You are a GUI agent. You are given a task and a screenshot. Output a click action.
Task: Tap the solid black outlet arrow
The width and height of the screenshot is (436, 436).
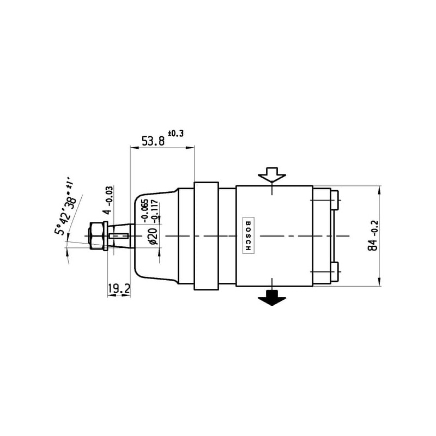(271, 297)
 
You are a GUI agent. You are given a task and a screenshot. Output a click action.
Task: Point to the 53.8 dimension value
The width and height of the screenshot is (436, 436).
(153, 141)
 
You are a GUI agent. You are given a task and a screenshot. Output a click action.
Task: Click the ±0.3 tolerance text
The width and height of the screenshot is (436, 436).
(175, 133)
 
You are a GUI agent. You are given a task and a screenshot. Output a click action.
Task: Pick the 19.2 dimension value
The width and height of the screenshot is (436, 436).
(119, 289)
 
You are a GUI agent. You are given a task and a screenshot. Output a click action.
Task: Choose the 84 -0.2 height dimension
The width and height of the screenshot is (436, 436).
(373, 235)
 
